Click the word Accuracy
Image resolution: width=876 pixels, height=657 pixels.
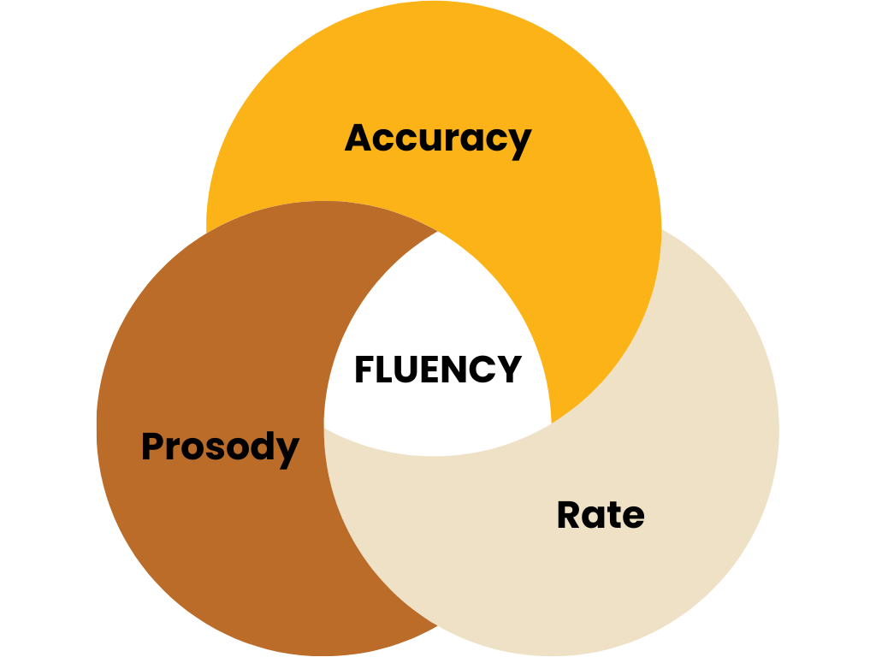pyautogui.click(x=438, y=139)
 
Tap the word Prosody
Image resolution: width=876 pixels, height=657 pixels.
pyautogui.click(x=220, y=447)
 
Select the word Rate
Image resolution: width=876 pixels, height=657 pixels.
pyautogui.click(x=601, y=515)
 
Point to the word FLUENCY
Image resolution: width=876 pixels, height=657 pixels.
pyautogui.click(x=437, y=370)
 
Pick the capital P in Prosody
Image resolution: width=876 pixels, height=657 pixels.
pyautogui.click(x=153, y=446)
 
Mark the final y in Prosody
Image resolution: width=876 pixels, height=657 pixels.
pyautogui.click(x=287, y=451)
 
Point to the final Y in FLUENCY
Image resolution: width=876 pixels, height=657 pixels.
pyautogui.click(x=509, y=370)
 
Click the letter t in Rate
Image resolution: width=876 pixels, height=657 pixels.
pyautogui.click(x=615, y=515)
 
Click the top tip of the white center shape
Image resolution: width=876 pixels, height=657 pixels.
pyautogui.click(x=438, y=232)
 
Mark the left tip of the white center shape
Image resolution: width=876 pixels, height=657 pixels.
pyautogui.click(x=325, y=427)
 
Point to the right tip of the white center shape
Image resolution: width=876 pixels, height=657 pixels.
pyautogui.click(x=551, y=422)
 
